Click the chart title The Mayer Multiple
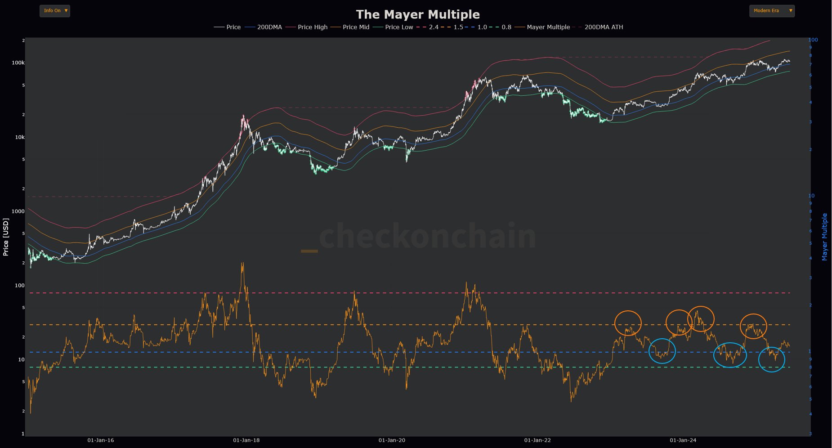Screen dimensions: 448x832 418,14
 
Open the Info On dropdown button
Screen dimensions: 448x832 55,11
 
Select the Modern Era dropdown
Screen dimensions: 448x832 772,11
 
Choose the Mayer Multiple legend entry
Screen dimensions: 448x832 548,27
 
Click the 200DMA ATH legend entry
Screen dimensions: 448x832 604,27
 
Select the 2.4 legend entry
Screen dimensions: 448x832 434,27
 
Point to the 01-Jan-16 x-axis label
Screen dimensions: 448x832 101,440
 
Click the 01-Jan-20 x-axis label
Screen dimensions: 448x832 392,440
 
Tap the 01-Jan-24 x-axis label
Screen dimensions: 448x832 683,440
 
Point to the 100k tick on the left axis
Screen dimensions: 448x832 18,63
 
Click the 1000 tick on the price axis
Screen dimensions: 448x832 18,211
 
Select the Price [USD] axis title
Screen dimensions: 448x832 6,237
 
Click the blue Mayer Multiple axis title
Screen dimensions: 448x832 824,237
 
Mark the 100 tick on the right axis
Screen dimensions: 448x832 813,40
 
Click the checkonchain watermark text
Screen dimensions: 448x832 427,236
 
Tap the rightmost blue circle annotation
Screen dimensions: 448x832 771,359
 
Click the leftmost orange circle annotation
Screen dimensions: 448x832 628,323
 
